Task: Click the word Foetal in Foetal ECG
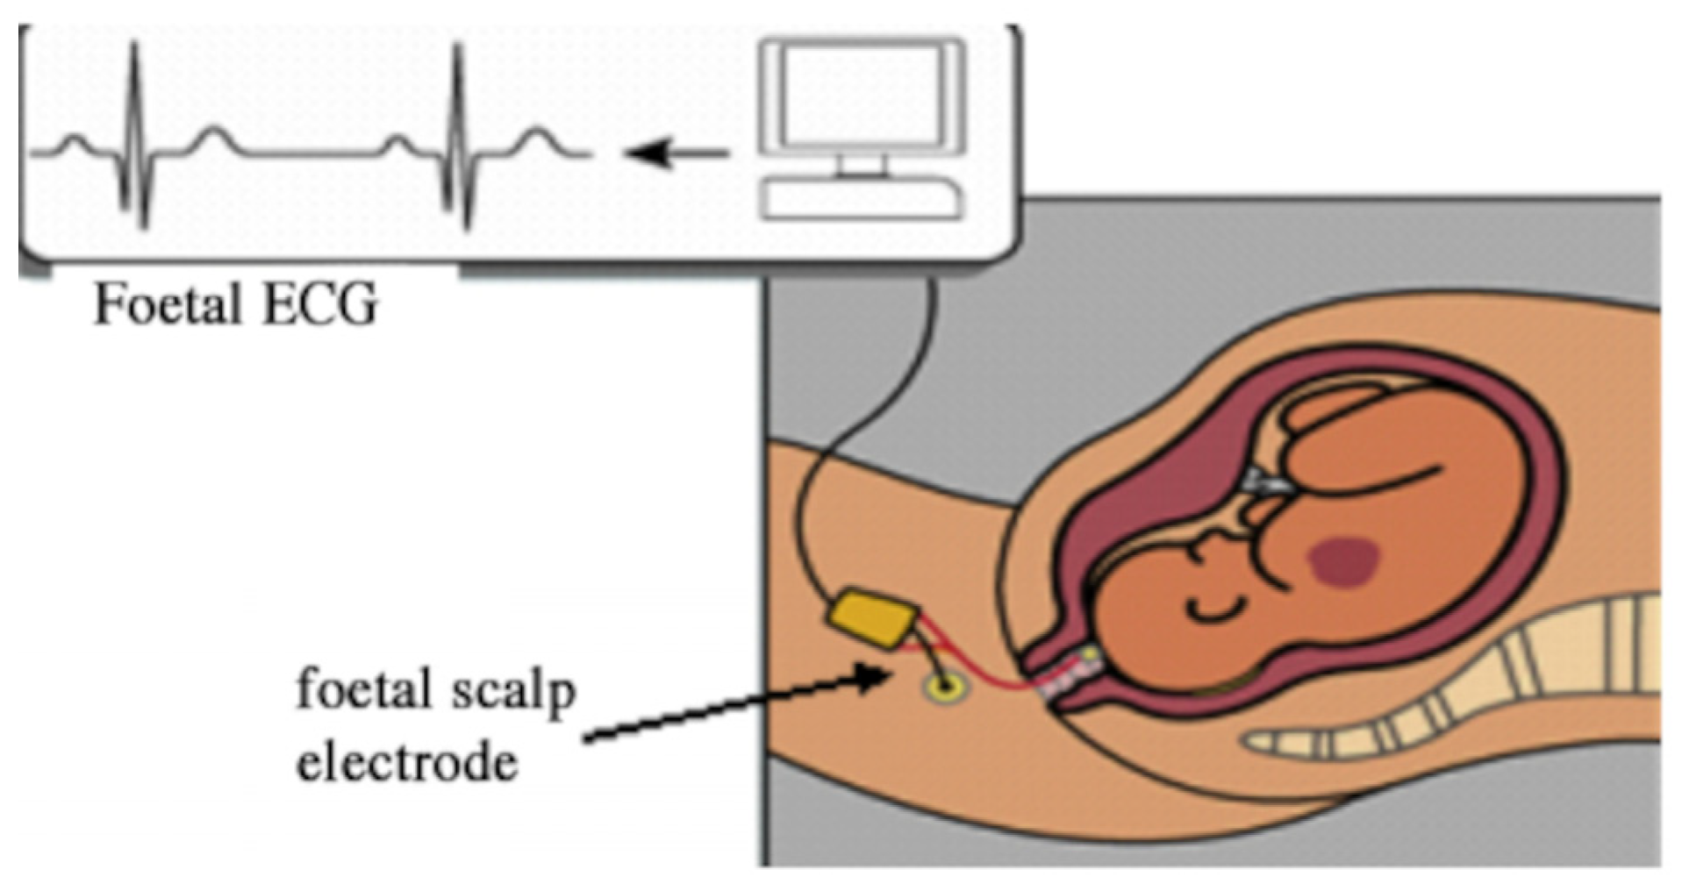click(x=168, y=305)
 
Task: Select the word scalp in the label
click(x=512, y=692)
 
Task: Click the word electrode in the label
click(x=407, y=763)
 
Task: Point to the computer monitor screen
click(x=862, y=96)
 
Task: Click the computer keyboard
click(x=861, y=199)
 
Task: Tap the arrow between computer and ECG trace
click(x=676, y=154)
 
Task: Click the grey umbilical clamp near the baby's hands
click(x=1269, y=480)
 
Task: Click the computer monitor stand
click(x=861, y=167)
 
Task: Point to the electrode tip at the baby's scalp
click(x=1089, y=655)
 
